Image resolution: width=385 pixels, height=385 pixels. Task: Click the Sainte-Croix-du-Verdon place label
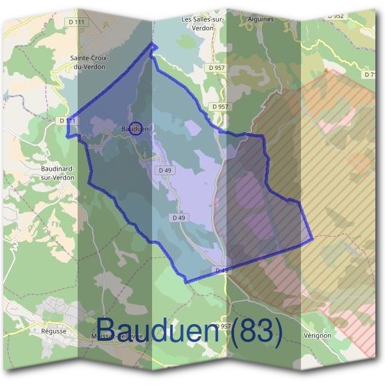click(x=90, y=62)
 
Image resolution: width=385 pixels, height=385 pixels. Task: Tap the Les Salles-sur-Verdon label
click(x=203, y=23)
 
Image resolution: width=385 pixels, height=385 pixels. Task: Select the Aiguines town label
click(x=261, y=19)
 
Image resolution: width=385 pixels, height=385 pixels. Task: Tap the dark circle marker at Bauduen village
click(x=135, y=127)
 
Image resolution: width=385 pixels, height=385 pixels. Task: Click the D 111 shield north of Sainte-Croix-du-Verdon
click(x=80, y=22)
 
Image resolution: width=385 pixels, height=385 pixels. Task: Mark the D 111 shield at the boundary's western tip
click(x=66, y=121)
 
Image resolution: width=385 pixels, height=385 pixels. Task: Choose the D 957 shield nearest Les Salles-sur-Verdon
click(x=217, y=67)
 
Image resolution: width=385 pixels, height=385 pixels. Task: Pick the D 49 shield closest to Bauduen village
click(x=164, y=170)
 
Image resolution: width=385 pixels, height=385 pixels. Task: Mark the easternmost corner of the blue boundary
click(x=312, y=240)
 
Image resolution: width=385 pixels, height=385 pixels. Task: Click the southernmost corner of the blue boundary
click(x=185, y=282)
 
